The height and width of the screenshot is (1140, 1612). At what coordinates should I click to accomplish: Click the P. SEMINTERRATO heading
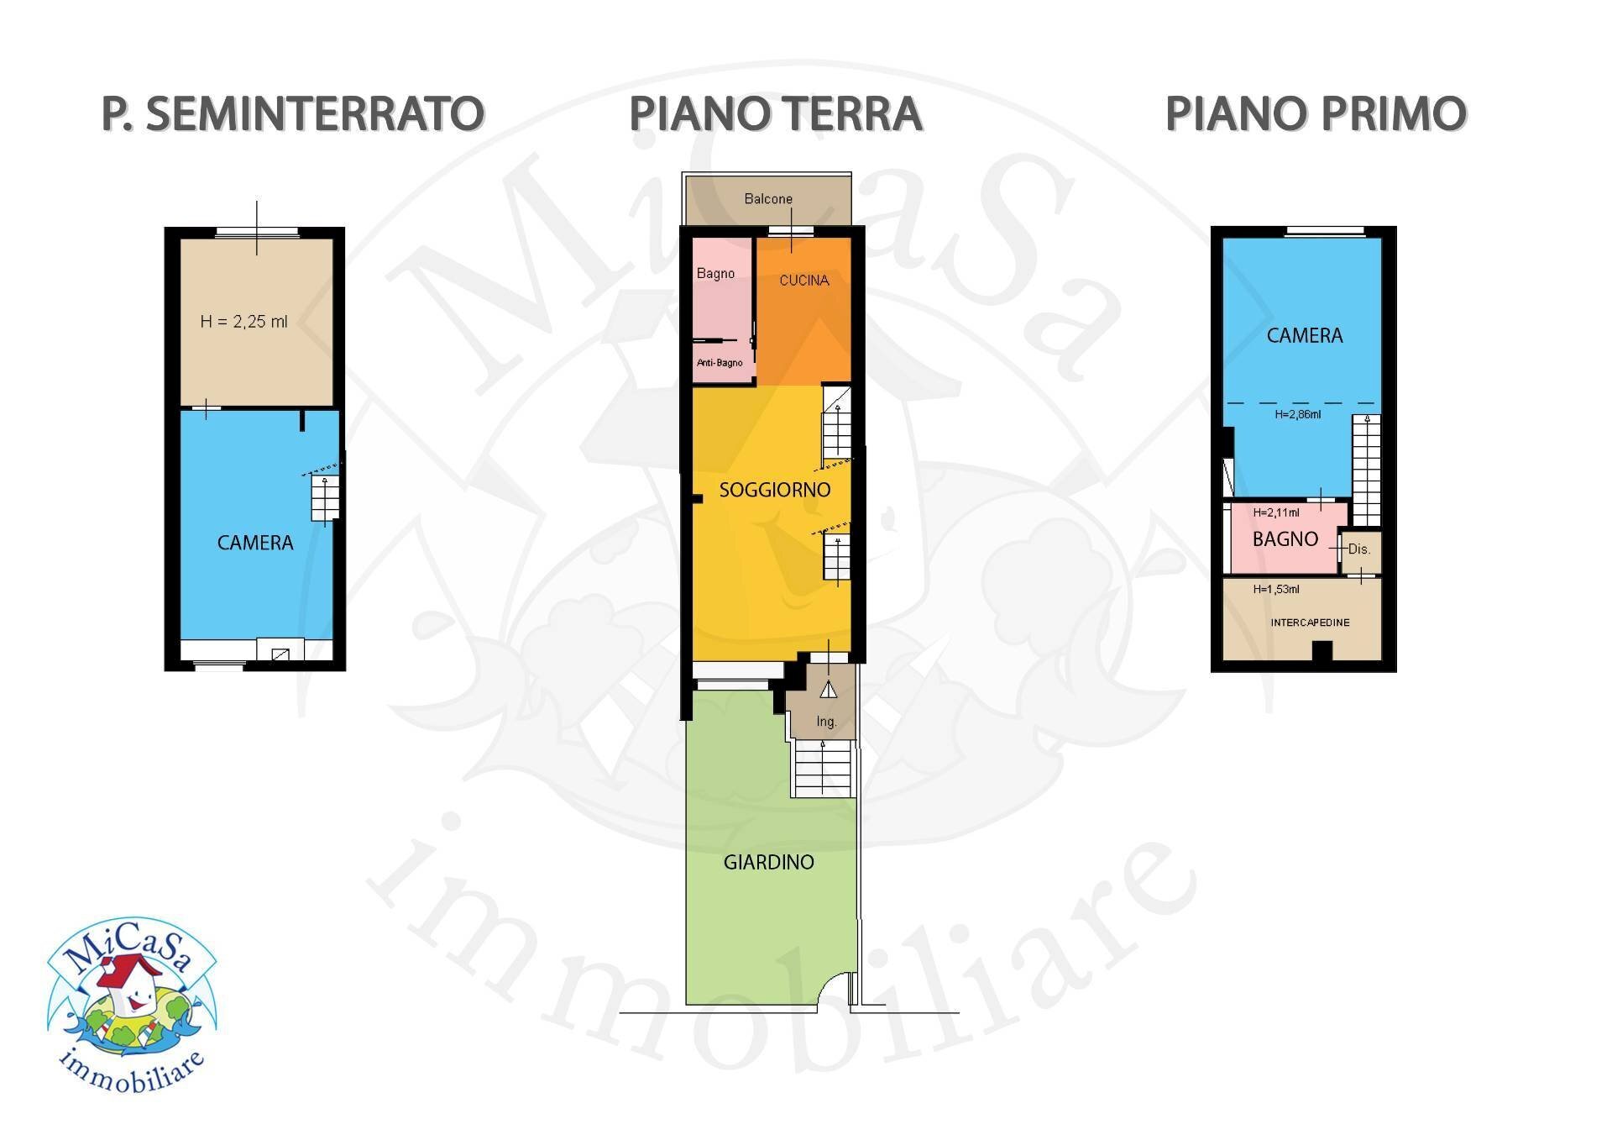[x=292, y=114]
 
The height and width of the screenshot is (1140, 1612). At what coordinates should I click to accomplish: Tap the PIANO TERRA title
[x=776, y=114]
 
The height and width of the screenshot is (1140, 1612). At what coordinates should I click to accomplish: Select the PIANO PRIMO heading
[x=1316, y=114]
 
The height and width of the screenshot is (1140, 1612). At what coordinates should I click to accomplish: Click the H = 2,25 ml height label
[x=243, y=322]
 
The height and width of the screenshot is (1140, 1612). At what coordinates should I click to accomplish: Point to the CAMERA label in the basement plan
[x=255, y=543]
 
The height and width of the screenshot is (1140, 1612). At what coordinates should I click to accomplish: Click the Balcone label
[x=768, y=199]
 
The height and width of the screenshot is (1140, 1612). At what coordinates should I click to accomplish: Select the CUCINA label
[x=803, y=281]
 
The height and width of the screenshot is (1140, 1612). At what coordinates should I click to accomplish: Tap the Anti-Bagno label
[x=720, y=363]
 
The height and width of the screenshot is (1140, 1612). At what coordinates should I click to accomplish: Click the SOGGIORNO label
[x=774, y=490]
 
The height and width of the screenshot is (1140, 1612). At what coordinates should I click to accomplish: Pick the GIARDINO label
[x=768, y=862]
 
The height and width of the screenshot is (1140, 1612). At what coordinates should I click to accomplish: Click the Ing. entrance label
[x=826, y=722]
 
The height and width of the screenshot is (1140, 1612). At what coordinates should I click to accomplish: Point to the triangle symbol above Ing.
[x=829, y=691]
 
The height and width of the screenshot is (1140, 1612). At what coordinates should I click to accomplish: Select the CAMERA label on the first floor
[x=1304, y=336]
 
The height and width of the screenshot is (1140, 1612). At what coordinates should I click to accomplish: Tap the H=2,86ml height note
[x=1297, y=414]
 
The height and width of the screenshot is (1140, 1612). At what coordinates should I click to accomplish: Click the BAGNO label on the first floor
[x=1285, y=539]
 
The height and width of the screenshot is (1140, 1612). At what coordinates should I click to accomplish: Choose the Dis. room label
[x=1359, y=549]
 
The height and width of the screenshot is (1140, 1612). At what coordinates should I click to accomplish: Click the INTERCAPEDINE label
[x=1310, y=623]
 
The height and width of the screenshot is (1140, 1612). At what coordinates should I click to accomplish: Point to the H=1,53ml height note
[x=1275, y=590]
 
